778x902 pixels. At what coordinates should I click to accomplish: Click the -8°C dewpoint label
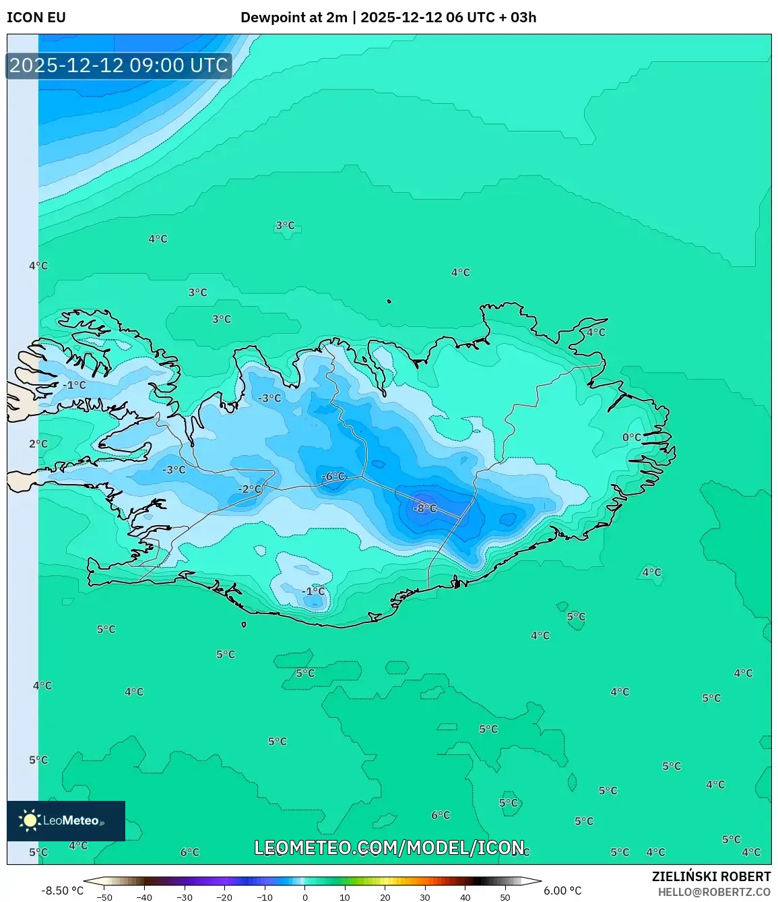(x=425, y=508)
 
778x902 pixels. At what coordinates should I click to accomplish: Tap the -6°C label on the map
(x=333, y=476)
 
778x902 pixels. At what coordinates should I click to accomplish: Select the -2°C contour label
(x=249, y=489)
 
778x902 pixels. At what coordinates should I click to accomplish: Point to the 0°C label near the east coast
(x=632, y=438)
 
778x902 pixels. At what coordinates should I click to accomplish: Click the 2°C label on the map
(x=38, y=444)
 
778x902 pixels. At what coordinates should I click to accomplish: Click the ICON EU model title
(x=36, y=18)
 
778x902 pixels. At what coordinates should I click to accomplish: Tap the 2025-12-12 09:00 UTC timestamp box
(x=119, y=65)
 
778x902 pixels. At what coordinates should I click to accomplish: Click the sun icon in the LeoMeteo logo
(x=30, y=820)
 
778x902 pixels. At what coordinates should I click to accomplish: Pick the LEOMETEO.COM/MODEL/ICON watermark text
(x=389, y=847)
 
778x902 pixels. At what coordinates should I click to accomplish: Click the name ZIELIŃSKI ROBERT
(x=711, y=876)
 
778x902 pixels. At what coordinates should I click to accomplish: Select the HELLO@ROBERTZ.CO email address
(x=714, y=892)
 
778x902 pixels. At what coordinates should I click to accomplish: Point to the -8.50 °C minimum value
(x=63, y=891)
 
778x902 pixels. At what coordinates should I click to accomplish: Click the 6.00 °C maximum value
(x=562, y=891)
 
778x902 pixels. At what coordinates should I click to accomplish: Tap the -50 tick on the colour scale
(x=104, y=897)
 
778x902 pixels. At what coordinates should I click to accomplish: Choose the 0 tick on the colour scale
(x=305, y=897)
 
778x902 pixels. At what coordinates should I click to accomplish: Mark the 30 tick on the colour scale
(x=425, y=897)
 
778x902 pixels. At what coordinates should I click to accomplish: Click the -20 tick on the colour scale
(x=224, y=897)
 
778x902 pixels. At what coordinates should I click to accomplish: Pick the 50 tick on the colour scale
(x=505, y=897)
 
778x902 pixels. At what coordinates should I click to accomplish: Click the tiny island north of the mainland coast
(x=389, y=302)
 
